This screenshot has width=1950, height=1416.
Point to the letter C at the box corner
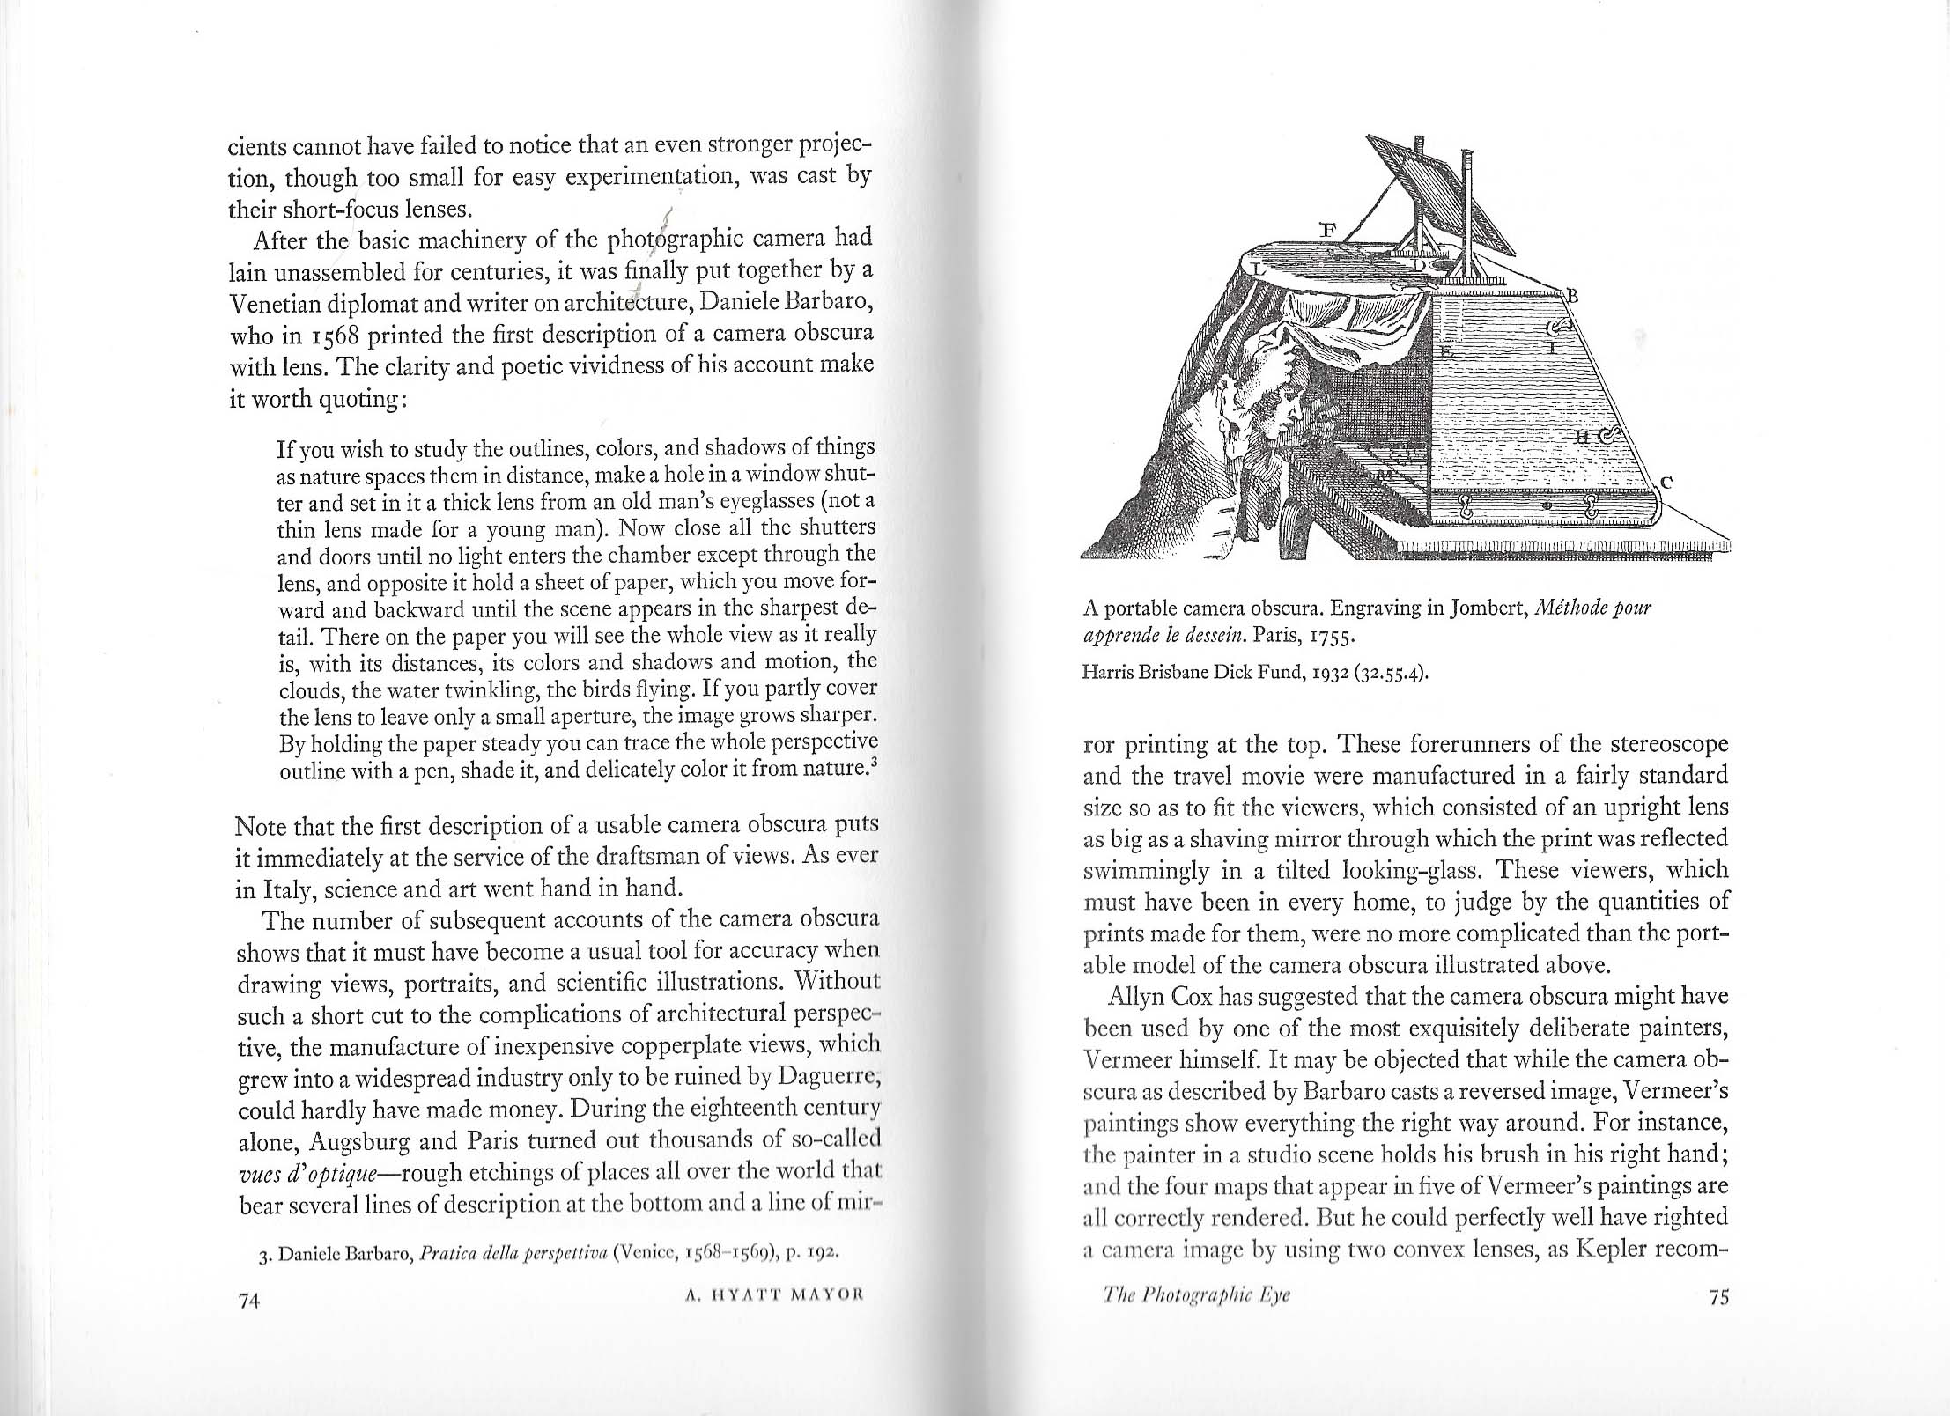[1666, 482]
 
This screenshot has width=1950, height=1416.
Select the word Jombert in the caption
[1480, 608]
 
